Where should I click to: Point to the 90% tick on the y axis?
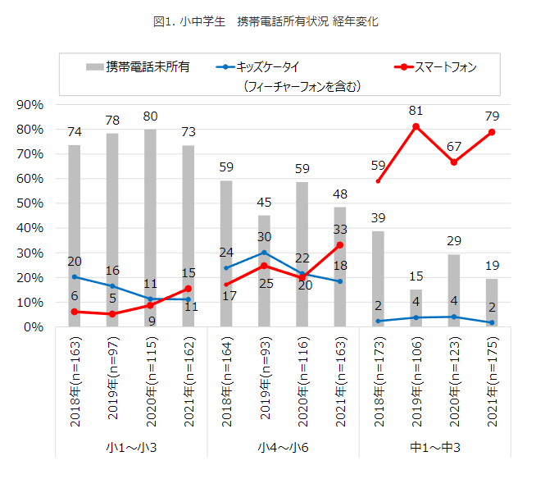click(x=30, y=105)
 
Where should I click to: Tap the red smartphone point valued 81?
click(x=416, y=126)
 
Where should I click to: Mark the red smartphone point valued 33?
click(x=340, y=245)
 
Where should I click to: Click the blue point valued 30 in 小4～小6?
click(x=264, y=253)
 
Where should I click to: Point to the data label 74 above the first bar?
click(x=75, y=131)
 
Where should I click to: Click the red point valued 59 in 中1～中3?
click(x=378, y=181)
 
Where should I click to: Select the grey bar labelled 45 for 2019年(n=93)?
click(x=264, y=271)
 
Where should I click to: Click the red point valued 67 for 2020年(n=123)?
click(x=454, y=162)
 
